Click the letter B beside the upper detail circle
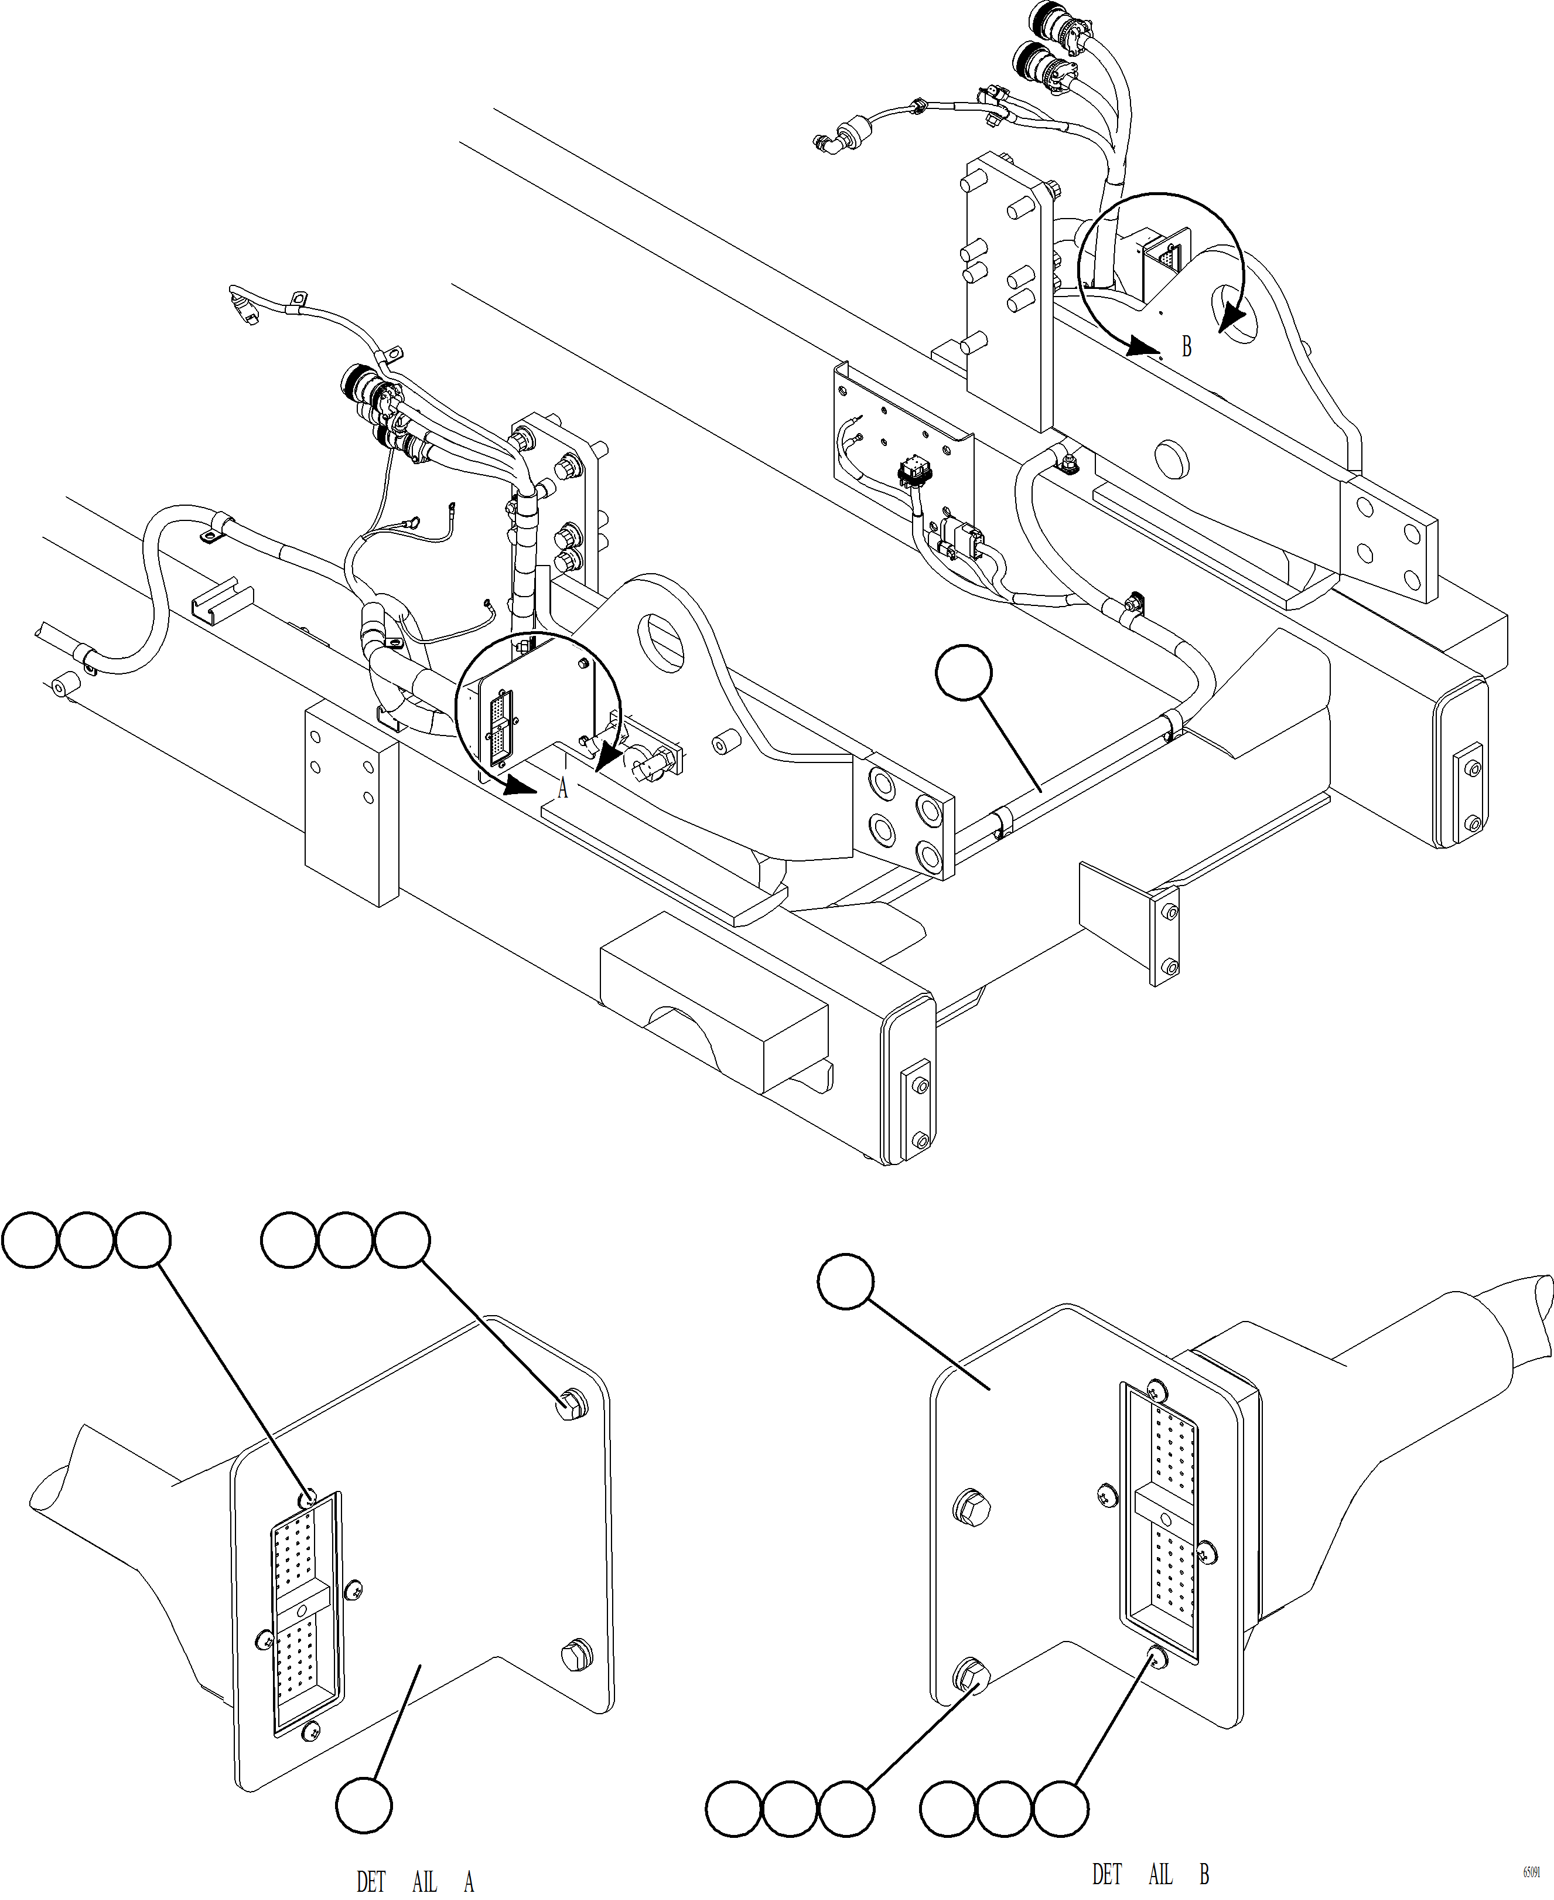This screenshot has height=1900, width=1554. click(x=1186, y=346)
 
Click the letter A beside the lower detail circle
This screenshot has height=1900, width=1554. click(x=562, y=788)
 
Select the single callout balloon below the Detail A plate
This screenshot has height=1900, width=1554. click(x=363, y=1805)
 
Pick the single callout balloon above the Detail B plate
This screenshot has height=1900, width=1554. click(x=845, y=1281)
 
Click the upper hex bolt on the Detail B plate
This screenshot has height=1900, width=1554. click(x=973, y=1506)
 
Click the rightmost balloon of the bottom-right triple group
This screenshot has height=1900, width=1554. click(x=1060, y=1809)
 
